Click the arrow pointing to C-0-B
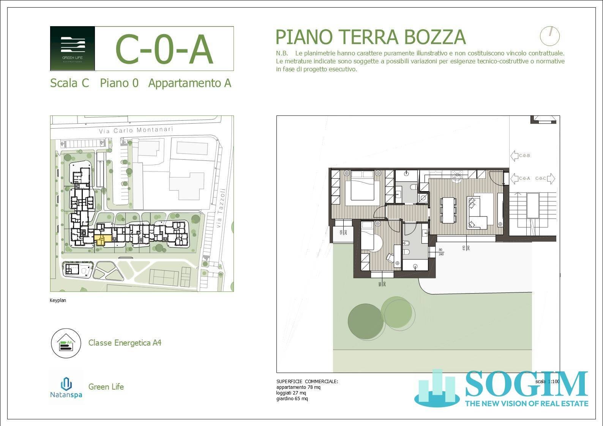[515, 156]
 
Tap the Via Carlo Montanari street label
[136, 130]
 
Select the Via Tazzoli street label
[220, 208]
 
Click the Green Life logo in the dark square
[73, 49]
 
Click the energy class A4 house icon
[66, 343]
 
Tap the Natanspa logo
[66, 387]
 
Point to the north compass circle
[549, 36]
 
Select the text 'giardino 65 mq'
[292, 399]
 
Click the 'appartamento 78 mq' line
[298, 387]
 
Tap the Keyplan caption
[58, 300]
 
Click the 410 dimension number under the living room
[464, 248]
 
